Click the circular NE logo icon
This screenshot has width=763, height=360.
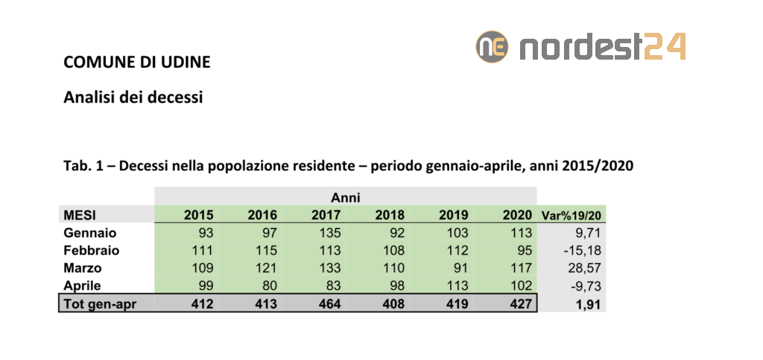[x=492, y=46]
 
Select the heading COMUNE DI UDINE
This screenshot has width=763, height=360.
[x=137, y=62]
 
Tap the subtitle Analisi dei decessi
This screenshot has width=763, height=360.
[x=133, y=97]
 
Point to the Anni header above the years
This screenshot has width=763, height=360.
[x=346, y=198]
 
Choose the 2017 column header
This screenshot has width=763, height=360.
[x=326, y=215]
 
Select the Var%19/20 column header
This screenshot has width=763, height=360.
[x=572, y=215]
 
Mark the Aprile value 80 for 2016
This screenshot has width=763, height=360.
[x=270, y=286]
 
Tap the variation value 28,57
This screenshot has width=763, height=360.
[x=583, y=268]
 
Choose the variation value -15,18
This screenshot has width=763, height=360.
[x=582, y=251]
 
